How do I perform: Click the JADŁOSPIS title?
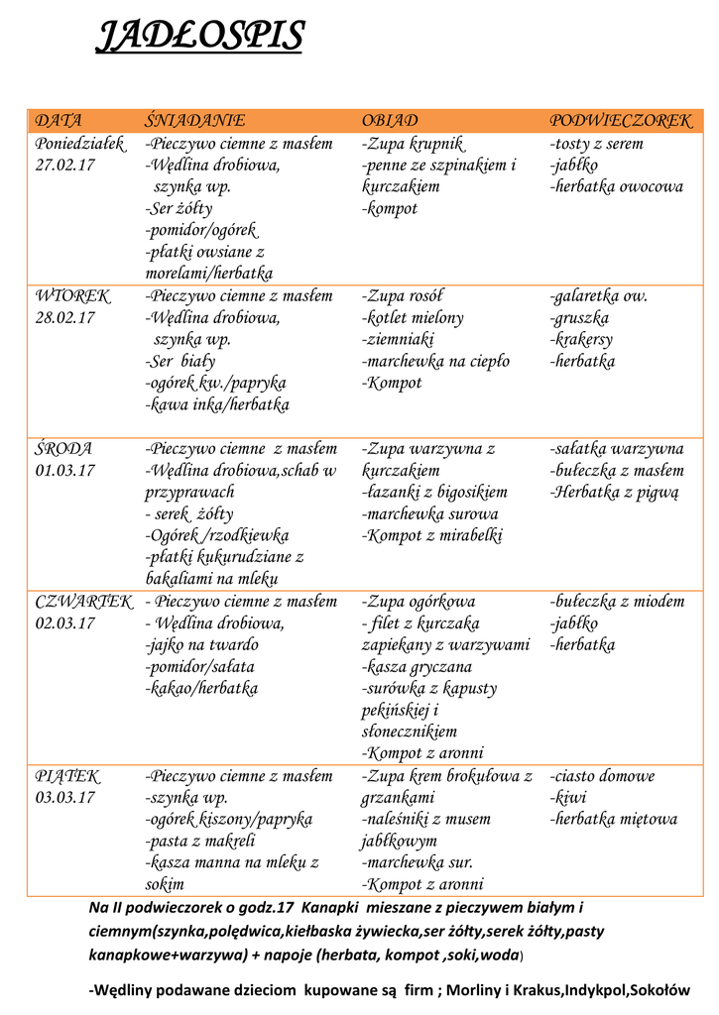point(198,38)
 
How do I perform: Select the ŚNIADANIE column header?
point(194,121)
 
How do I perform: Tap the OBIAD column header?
point(390,121)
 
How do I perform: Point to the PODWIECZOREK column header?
point(621,121)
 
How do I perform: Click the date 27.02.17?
point(65,166)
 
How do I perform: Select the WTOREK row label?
point(73,296)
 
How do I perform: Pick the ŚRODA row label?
point(64,449)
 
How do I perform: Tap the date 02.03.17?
point(65,623)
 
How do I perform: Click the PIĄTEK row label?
point(67,776)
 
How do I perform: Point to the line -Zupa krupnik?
point(414,144)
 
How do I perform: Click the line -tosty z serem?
point(596,144)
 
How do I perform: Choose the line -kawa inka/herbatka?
point(217,405)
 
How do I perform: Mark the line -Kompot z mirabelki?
point(432,536)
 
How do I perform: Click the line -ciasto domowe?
point(602,776)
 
